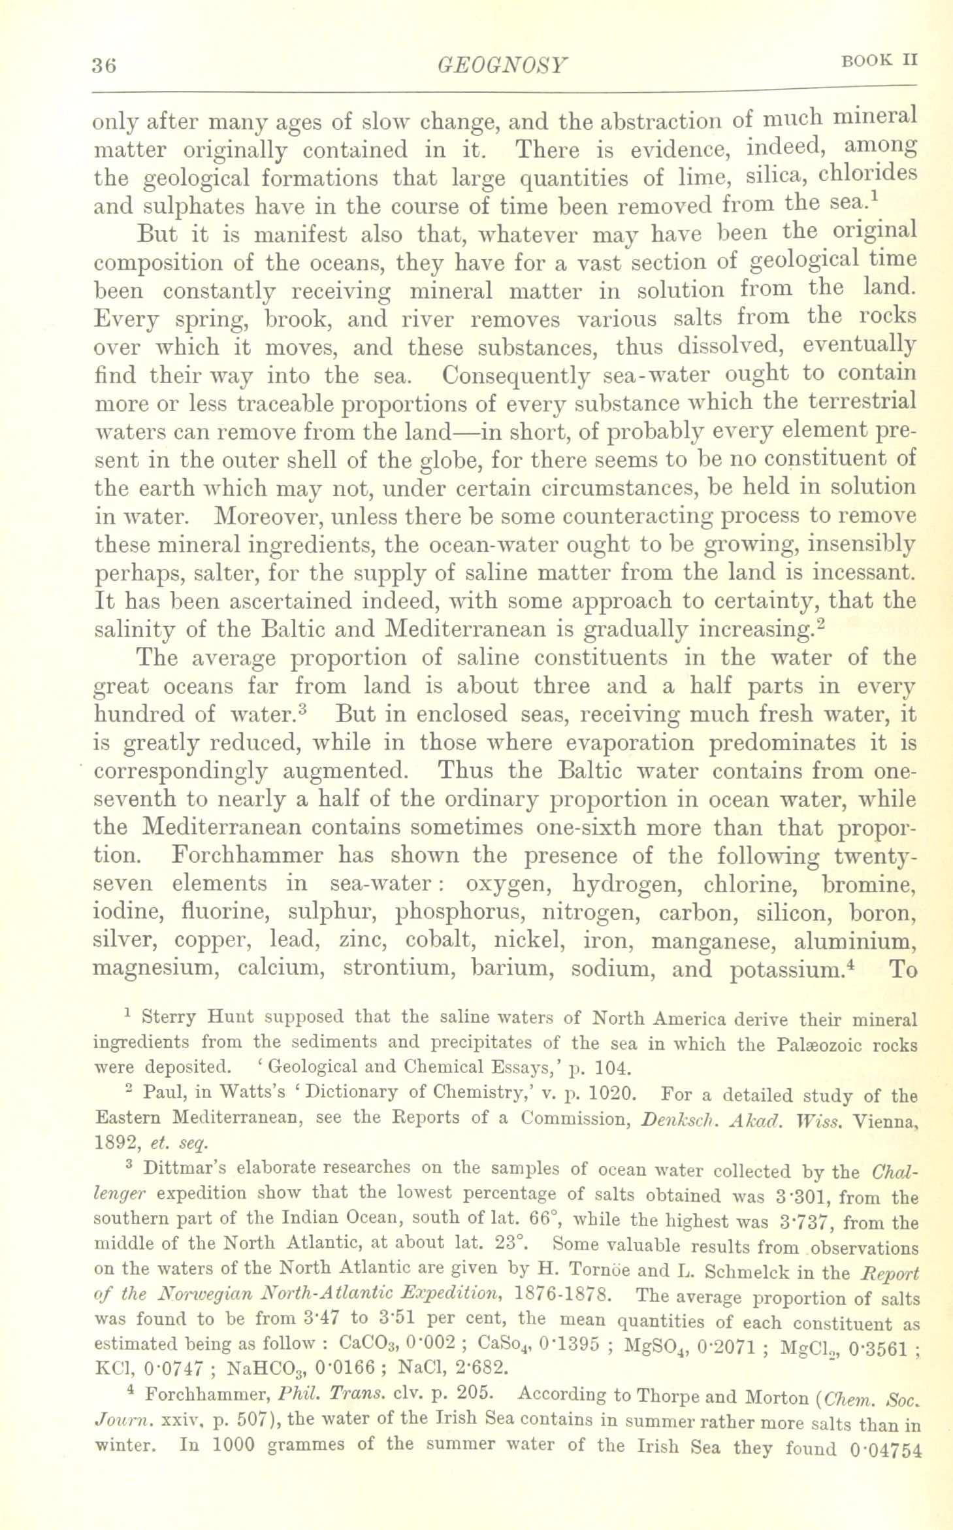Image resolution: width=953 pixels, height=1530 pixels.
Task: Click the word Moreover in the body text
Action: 268,516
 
